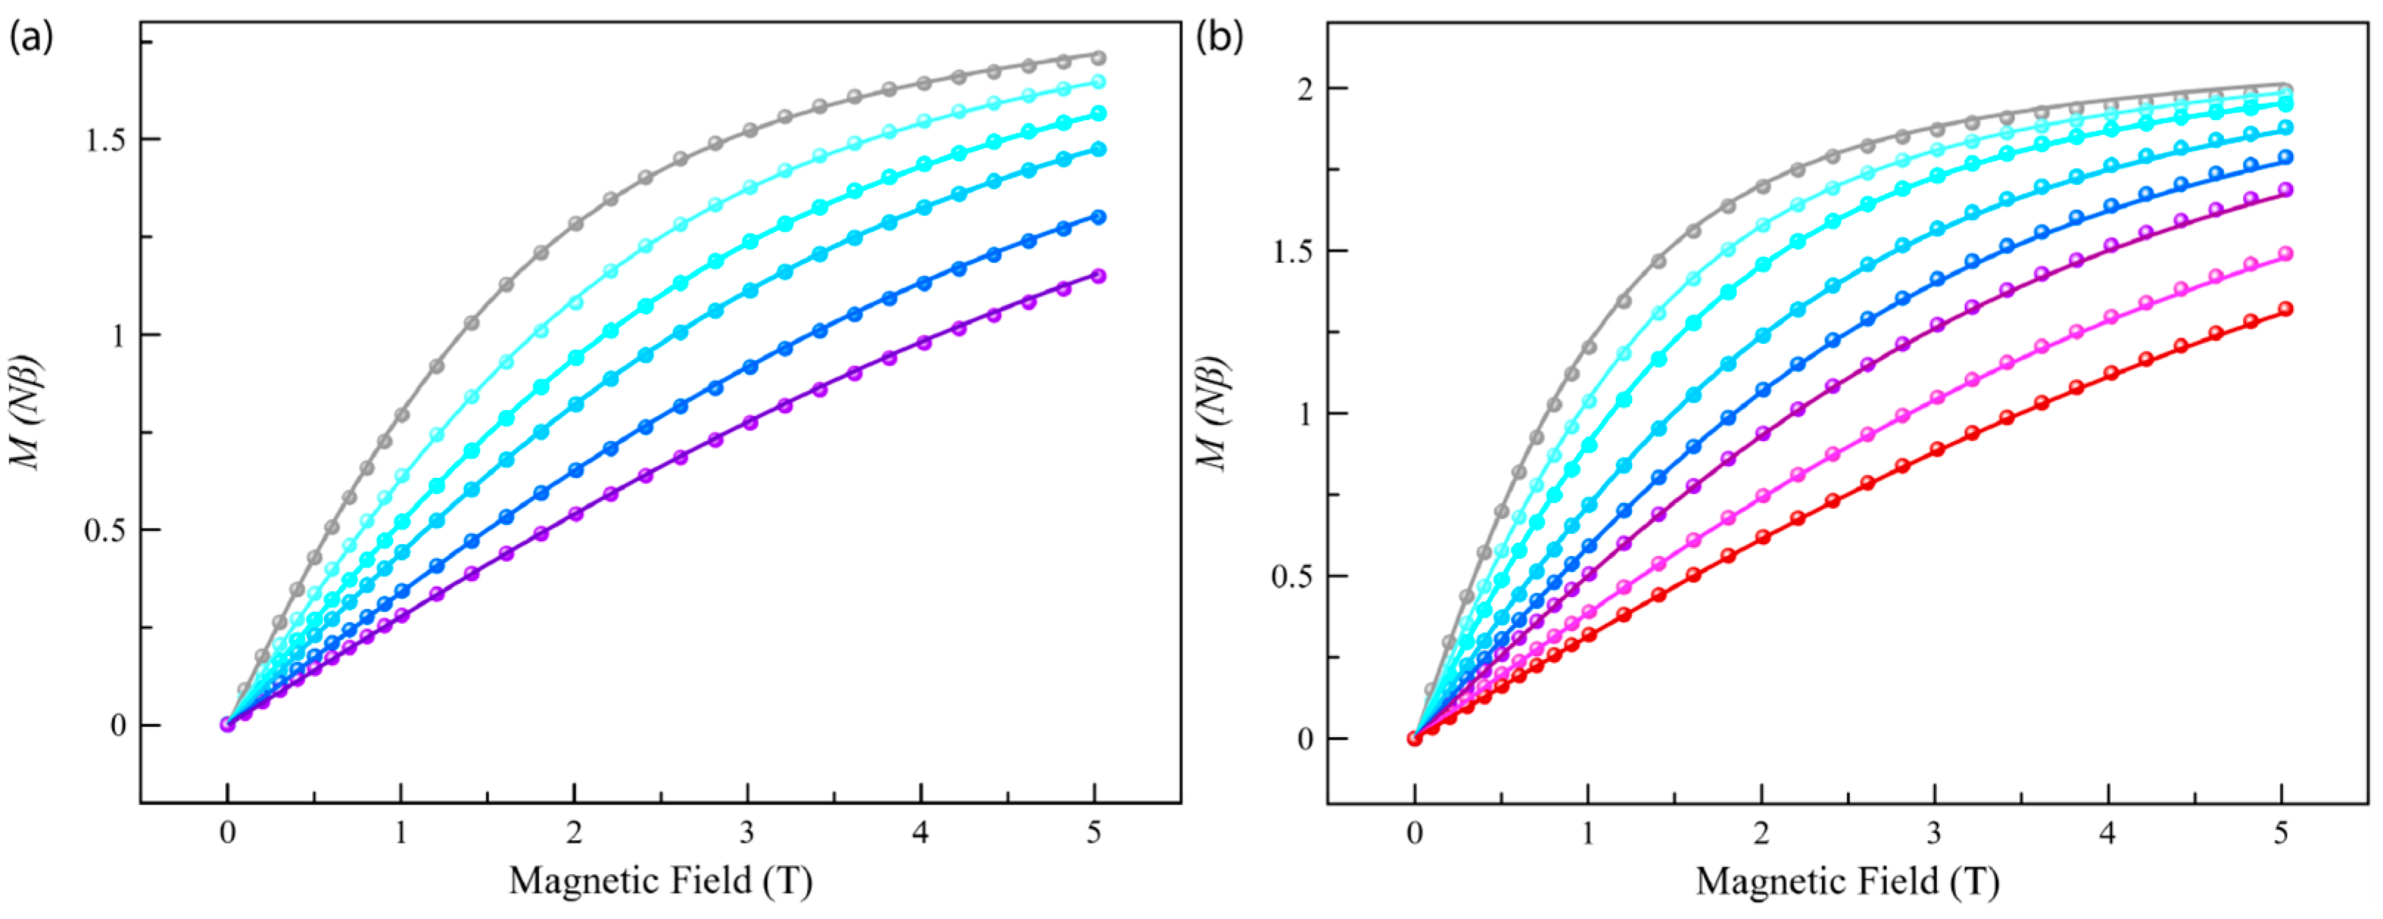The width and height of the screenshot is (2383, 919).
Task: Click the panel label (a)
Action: (30, 38)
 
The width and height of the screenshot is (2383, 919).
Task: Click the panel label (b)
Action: (1219, 38)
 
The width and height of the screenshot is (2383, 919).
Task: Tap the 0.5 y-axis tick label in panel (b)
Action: (1294, 577)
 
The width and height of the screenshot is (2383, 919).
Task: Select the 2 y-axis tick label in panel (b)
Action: (1305, 89)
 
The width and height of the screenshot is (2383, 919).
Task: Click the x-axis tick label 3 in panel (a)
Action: (747, 833)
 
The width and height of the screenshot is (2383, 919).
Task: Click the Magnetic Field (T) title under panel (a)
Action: (660, 880)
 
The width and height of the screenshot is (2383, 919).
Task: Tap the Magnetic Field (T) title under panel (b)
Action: (1847, 880)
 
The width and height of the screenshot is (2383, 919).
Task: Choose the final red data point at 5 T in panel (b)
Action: (2285, 309)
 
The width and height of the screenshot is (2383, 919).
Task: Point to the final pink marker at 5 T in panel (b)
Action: (2285, 253)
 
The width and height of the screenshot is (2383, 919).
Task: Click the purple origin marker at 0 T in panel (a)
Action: (227, 724)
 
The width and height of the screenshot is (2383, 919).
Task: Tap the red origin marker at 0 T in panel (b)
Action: (1414, 738)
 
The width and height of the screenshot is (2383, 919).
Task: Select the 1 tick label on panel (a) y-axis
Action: (118, 335)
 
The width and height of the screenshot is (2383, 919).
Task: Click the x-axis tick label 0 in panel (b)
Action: (1413, 833)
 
